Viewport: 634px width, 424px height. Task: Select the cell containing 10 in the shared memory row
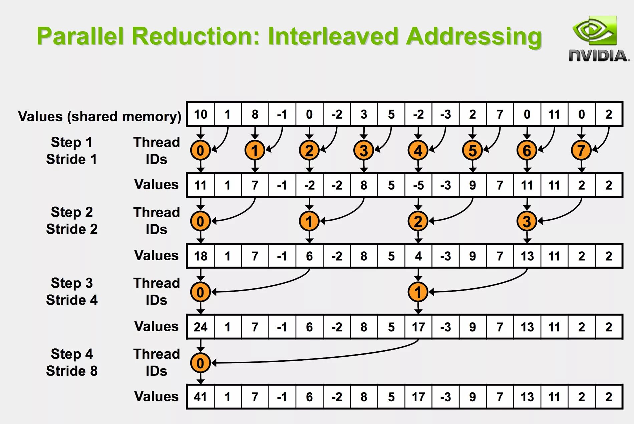tap(201, 114)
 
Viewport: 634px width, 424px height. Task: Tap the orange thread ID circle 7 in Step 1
tap(581, 150)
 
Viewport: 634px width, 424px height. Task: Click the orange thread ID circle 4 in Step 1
tap(418, 150)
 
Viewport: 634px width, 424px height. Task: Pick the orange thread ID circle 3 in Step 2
tap(527, 221)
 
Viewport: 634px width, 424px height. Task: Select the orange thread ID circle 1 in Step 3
tap(418, 292)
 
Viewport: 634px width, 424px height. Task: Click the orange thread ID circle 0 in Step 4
tap(200, 363)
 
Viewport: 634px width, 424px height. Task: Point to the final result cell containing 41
tap(201, 397)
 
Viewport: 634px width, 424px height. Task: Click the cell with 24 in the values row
tap(201, 327)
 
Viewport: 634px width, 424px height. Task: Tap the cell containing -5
tap(418, 185)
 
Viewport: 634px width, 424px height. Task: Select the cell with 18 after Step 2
tap(201, 256)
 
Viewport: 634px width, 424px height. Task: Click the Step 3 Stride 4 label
tap(72, 291)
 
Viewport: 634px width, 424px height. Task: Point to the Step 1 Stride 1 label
tap(71, 151)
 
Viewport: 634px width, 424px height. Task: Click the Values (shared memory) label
tap(99, 116)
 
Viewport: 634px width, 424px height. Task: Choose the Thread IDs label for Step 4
tap(156, 362)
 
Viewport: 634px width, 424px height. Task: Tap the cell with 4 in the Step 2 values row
tap(418, 256)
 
